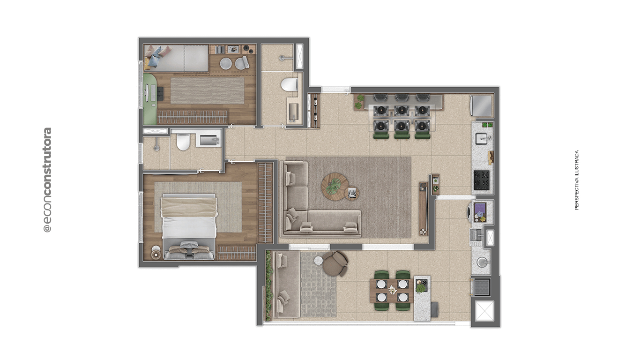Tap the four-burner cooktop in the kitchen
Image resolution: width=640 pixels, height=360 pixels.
482,180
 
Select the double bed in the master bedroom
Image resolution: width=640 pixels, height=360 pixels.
188,226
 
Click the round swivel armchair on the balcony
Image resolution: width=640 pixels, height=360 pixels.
335,263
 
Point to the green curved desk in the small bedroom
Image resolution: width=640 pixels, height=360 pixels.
150,99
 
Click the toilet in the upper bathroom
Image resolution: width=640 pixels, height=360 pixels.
290,85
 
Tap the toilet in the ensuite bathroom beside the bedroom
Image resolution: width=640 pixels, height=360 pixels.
183,142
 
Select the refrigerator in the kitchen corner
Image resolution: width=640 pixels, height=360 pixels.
482,106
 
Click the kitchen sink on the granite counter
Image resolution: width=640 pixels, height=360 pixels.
483,139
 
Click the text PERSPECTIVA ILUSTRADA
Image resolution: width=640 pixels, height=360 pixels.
577,180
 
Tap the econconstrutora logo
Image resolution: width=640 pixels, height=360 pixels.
47,180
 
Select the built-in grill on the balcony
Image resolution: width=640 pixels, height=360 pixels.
482,287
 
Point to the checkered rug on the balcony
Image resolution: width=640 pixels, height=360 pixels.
318,285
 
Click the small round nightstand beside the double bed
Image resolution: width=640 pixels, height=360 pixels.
156,252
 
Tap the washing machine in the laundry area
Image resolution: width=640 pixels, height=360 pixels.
480,212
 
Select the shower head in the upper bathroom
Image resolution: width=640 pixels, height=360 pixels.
281,58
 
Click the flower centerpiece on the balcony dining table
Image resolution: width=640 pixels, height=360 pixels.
392,290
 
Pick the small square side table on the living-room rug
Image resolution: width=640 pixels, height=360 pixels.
352,193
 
